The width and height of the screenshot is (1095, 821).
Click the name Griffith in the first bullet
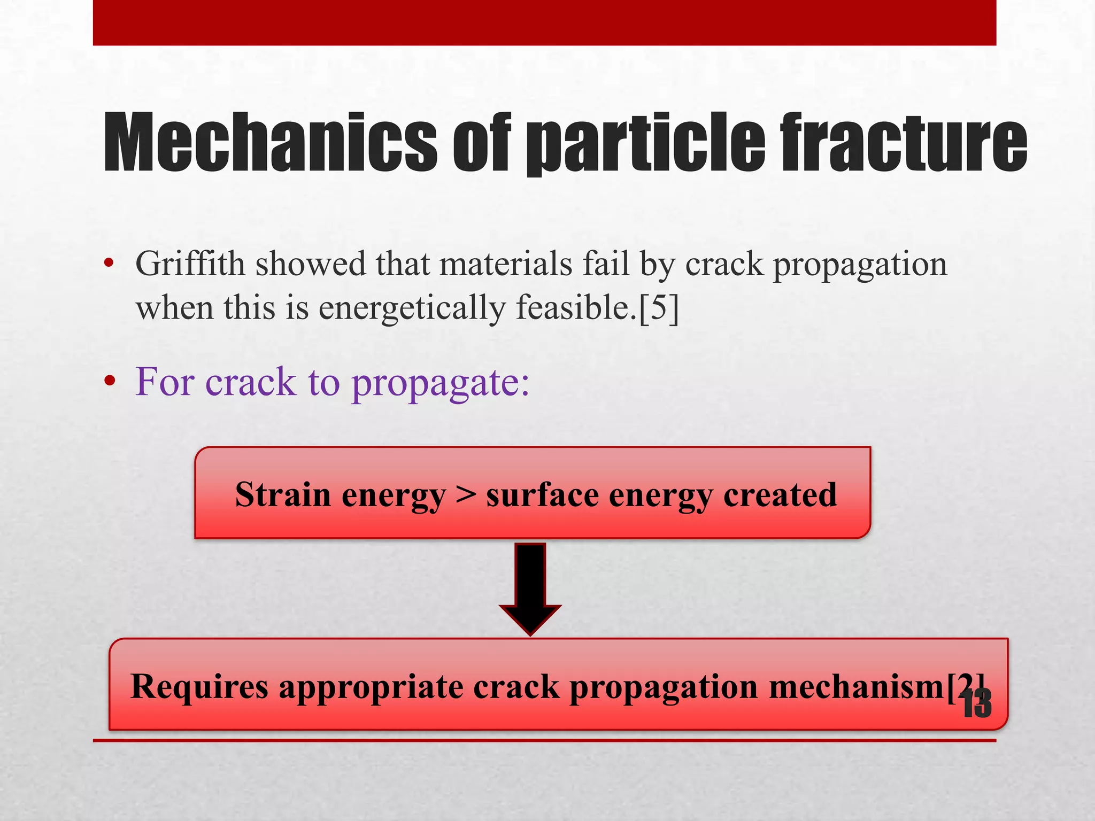[190, 264]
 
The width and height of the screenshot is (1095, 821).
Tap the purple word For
[164, 382]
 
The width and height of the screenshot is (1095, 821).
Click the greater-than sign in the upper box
[466, 495]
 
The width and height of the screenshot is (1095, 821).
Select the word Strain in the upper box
[283, 495]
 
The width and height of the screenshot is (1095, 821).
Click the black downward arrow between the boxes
[530, 588]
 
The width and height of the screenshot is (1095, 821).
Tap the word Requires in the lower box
[199, 687]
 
